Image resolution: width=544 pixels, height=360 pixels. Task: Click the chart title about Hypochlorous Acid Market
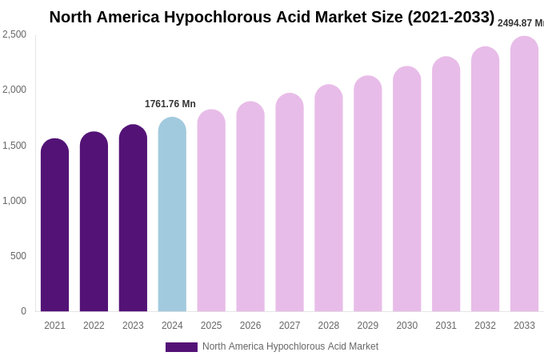(x=272, y=17)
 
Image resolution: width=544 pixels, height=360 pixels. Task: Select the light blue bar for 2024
(x=172, y=216)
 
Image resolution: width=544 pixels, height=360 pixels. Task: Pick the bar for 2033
(x=524, y=176)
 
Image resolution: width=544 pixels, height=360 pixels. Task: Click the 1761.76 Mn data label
(x=170, y=104)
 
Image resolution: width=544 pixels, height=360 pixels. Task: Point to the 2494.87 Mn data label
(x=520, y=23)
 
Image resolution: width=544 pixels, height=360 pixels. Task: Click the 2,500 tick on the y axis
(x=14, y=34)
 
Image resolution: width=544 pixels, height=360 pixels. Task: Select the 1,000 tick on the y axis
(x=14, y=201)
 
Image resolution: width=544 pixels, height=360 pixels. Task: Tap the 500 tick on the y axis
(x=18, y=256)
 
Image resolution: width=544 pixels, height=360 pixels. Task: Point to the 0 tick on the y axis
(x=23, y=311)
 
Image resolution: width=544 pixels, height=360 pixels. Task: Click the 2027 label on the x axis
(x=290, y=326)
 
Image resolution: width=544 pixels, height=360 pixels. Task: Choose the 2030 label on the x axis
(x=406, y=326)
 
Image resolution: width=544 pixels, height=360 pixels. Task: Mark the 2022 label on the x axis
(x=94, y=326)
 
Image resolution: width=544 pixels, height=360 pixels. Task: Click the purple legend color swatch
(x=182, y=347)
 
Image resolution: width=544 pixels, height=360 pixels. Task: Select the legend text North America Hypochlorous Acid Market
(x=290, y=346)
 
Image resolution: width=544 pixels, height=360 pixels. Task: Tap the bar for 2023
(x=133, y=219)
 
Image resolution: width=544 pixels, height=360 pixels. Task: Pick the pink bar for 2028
(x=329, y=200)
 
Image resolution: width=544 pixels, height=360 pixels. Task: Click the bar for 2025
(x=211, y=212)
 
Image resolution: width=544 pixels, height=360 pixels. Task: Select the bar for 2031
(x=446, y=186)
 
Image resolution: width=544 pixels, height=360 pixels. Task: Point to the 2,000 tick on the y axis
(x=14, y=90)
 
